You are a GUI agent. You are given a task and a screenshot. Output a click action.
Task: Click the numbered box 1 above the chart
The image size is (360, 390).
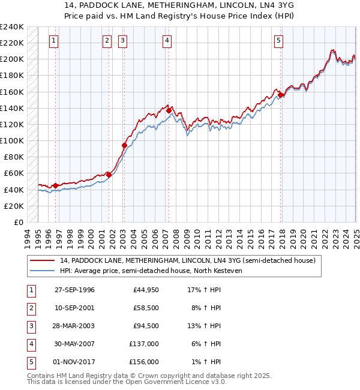pyautogui.click(x=54, y=41)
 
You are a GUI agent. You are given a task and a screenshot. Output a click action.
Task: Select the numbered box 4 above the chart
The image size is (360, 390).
pyautogui.click(x=166, y=41)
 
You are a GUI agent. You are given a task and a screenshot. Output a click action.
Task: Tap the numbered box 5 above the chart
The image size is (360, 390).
pyautogui.click(x=279, y=41)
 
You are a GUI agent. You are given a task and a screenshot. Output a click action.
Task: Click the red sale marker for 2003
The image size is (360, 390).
pyautogui.click(x=125, y=145)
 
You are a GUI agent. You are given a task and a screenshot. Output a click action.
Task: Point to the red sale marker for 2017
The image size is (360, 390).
pyautogui.click(x=280, y=95)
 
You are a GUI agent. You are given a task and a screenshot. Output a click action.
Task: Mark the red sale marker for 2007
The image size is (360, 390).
pyautogui.click(x=169, y=110)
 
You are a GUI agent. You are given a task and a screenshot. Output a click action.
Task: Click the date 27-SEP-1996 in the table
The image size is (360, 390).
pyautogui.click(x=74, y=290)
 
